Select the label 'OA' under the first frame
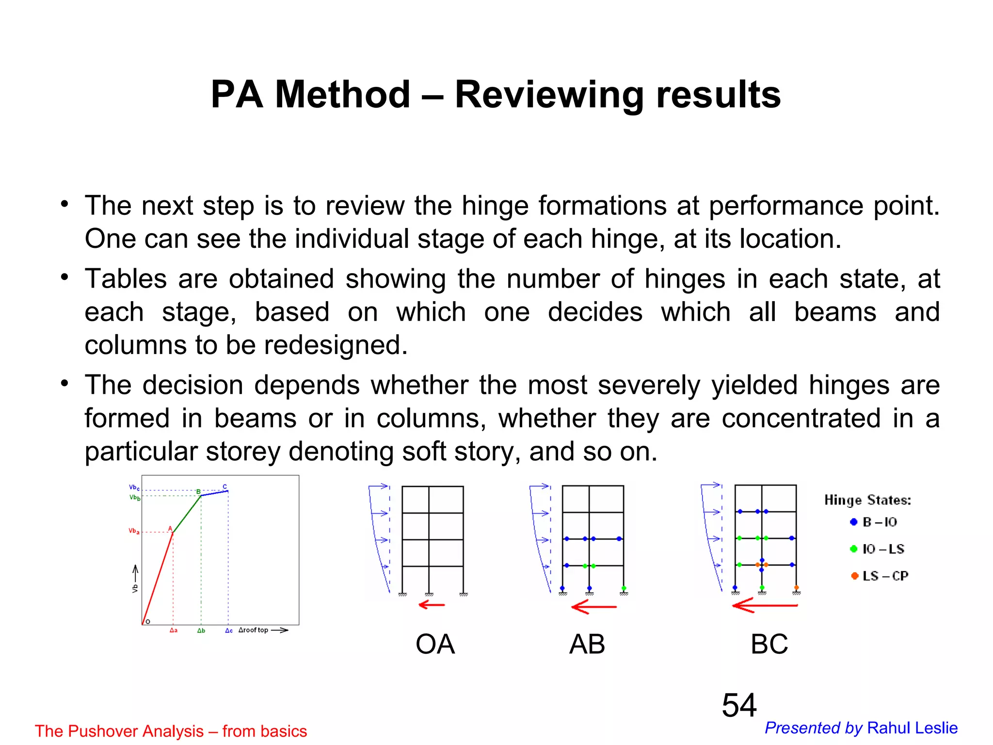pyautogui.click(x=435, y=644)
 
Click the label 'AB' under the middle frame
pyautogui.click(x=587, y=644)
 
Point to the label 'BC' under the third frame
pyautogui.click(x=769, y=644)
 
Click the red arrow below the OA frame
pyautogui.click(x=432, y=605)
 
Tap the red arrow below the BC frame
pyautogui.click(x=765, y=605)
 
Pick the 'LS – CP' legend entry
pyautogui.click(x=880, y=576)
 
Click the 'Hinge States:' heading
pyautogui.click(x=867, y=500)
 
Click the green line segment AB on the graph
pyautogui.click(x=187, y=514)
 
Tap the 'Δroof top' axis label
pyautogui.click(x=253, y=630)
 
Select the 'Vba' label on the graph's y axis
pyautogui.click(x=134, y=531)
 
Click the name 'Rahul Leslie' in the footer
pyautogui.click(x=912, y=728)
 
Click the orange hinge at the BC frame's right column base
pyautogui.click(x=796, y=587)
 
